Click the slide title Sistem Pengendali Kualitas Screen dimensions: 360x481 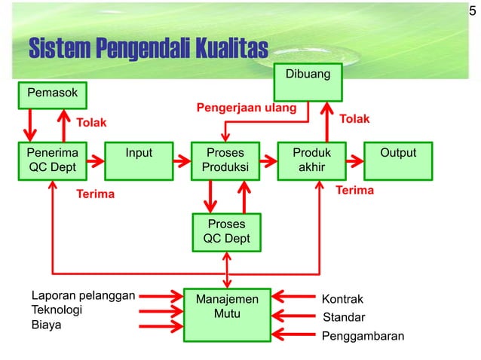(x=148, y=48)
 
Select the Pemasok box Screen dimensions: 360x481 (x=53, y=93)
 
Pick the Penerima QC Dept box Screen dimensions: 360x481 (x=52, y=160)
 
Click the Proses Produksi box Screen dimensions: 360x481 (x=225, y=160)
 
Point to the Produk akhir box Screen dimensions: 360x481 (x=311, y=160)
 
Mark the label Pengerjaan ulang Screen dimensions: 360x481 (x=247, y=108)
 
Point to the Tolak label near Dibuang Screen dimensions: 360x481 (x=354, y=120)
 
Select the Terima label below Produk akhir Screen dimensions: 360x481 (x=354, y=191)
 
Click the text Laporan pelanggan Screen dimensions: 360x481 (x=82, y=294)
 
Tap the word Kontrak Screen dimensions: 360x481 (x=342, y=299)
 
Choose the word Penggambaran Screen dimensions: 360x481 (x=363, y=335)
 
